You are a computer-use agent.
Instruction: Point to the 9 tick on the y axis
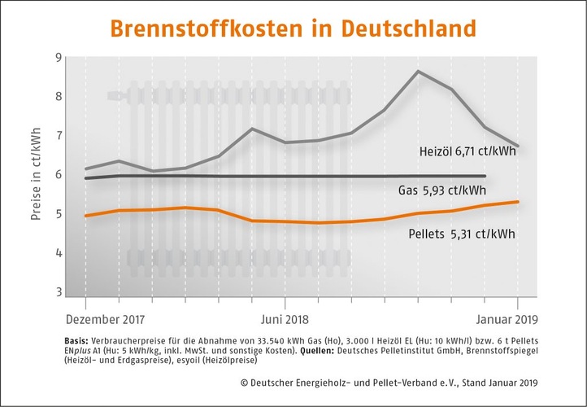point(59,57)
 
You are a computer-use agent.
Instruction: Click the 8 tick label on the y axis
point(59,96)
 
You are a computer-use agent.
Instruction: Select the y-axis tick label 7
point(59,135)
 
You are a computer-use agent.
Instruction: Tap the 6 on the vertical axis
point(59,174)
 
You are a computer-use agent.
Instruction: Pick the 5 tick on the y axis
point(59,213)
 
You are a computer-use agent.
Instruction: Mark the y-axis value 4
point(59,252)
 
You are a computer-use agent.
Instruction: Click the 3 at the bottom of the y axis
point(59,291)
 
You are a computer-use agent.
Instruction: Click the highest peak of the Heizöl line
point(418,72)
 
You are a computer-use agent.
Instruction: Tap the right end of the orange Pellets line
point(519,202)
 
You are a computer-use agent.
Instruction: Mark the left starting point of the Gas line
point(86,177)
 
